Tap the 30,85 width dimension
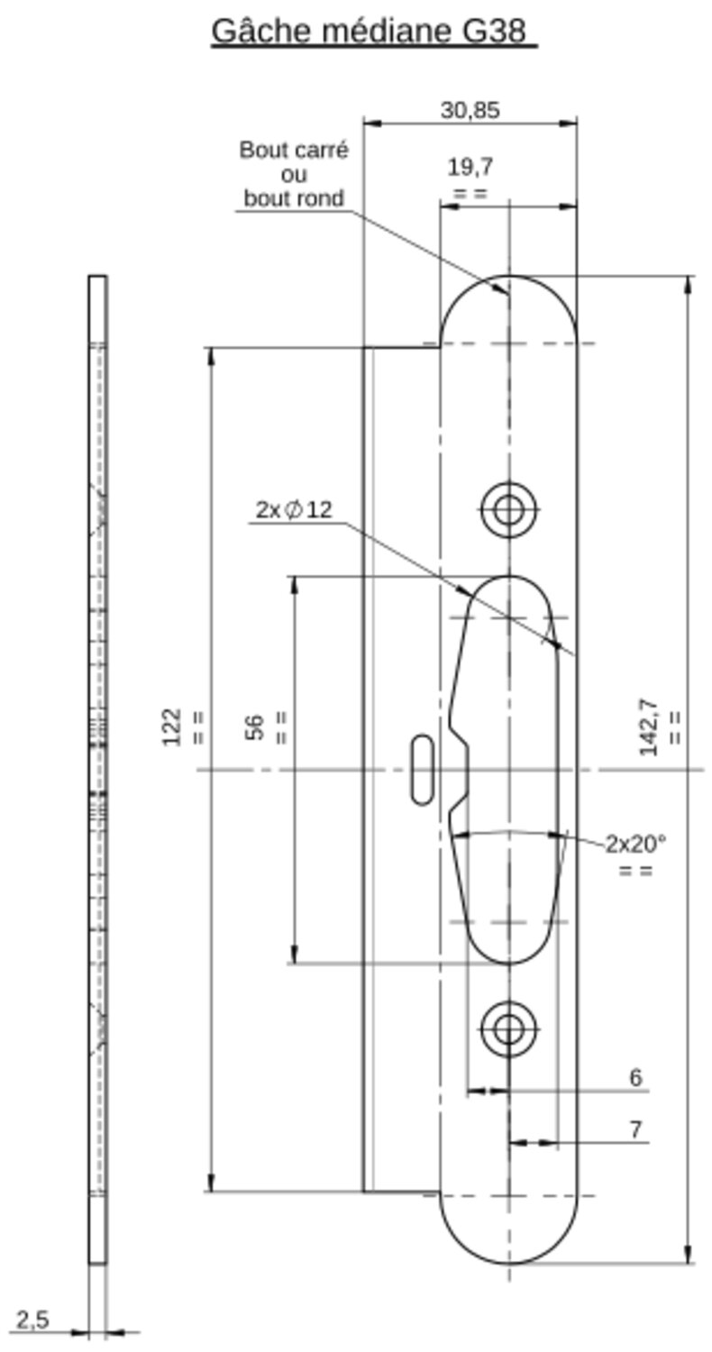coord(470,111)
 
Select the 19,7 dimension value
coord(470,167)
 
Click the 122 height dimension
coord(172,726)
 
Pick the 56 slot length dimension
coord(255,726)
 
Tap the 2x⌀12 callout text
coord(294,510)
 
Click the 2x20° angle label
coord(636,844)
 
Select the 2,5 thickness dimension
coord(32,1320)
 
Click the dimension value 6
coord(636,1077)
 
